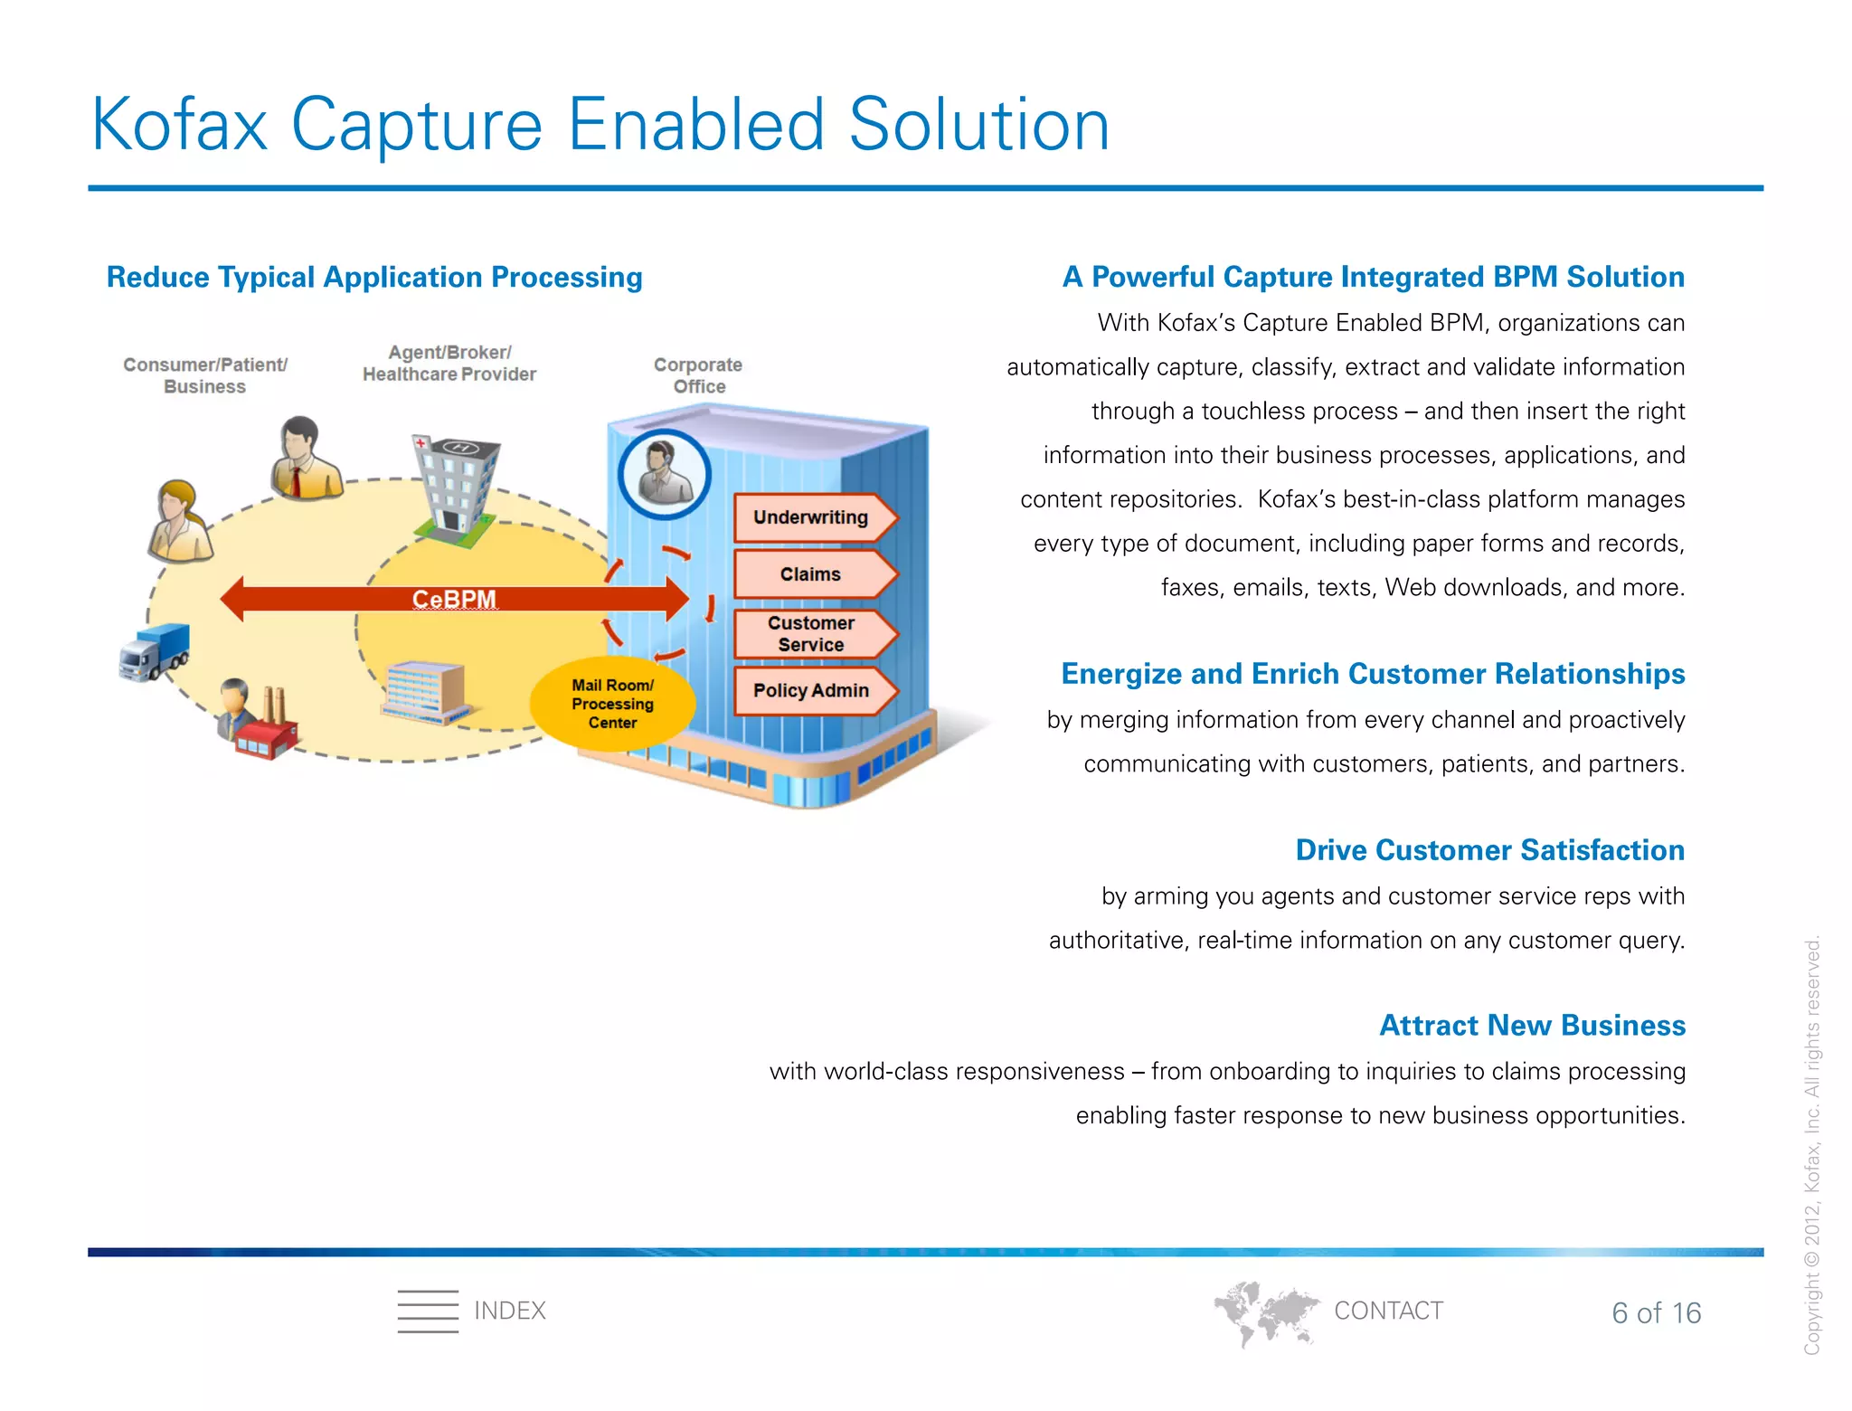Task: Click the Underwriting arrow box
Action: coord(811,517)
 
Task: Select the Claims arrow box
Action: coord(811,574)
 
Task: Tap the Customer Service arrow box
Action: coord(811,633)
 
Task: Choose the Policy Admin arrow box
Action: coord(811,690)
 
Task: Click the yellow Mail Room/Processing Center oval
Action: coord(612,704)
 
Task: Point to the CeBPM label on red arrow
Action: coord(454,599)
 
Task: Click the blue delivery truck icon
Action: coord(155,651)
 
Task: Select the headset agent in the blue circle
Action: coord(665,474)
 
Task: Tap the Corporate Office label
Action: coord(698,375)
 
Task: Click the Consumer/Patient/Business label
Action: coord(205,375)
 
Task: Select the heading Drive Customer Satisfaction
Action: coord(1489,850)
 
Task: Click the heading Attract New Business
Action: coord(1532,1025)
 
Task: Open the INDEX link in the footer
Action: coord(509,1311)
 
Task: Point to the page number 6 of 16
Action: coord(1656,1312)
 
